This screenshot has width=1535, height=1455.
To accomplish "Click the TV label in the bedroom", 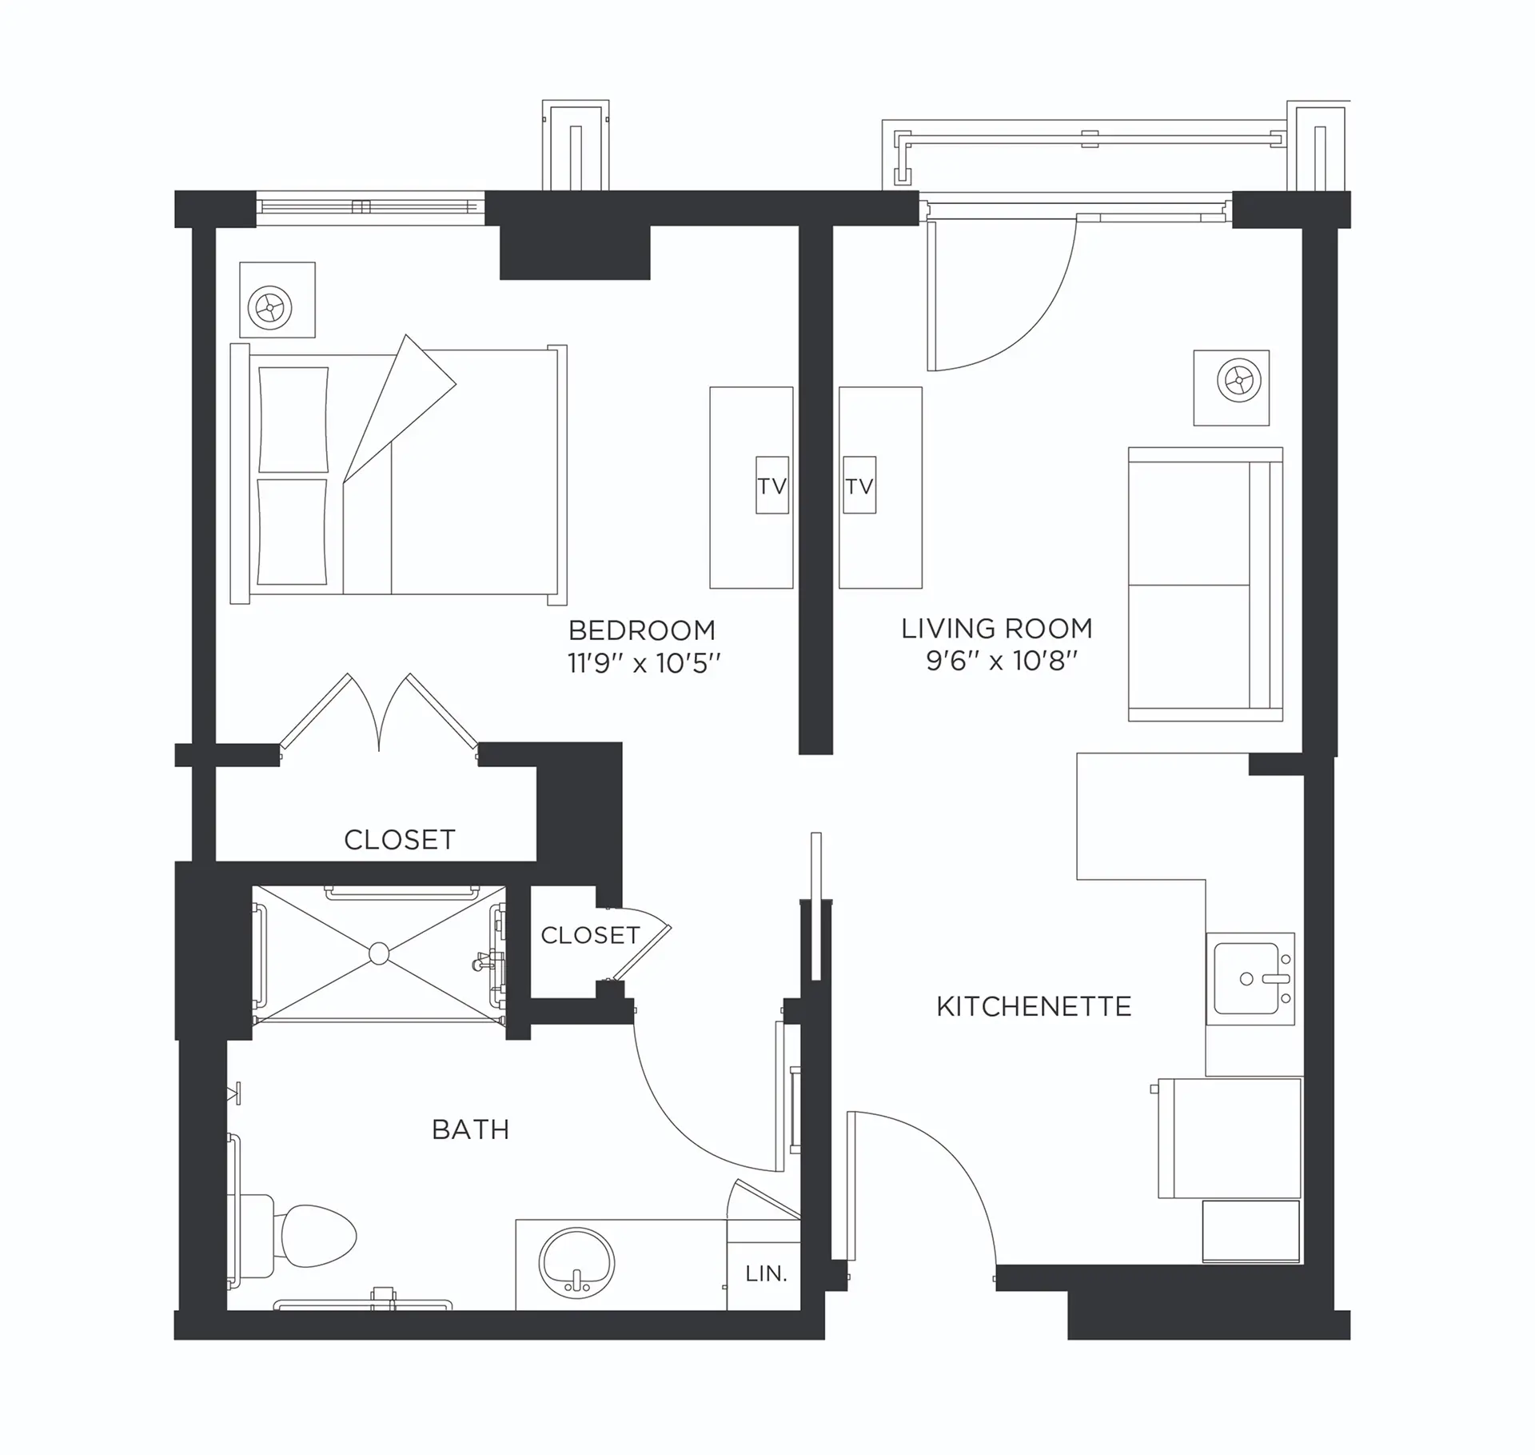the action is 772,486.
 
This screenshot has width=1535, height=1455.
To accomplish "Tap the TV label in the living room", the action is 859,486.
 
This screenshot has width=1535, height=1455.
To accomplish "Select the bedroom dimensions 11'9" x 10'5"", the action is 644,664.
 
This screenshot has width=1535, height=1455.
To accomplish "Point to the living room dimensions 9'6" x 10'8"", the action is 1002,662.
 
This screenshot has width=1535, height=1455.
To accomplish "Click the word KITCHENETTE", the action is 1034,1006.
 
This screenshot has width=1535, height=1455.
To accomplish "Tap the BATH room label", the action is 470,1129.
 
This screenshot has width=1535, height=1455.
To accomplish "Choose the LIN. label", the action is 766,1273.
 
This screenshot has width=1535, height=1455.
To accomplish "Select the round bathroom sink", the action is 577,1266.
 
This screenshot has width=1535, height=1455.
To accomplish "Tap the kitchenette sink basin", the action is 1246,979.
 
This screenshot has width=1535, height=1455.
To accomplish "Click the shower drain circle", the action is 379,953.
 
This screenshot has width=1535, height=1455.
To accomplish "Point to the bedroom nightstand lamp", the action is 269,307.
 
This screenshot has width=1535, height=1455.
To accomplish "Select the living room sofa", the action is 1206,584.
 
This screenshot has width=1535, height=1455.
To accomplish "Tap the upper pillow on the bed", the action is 293,420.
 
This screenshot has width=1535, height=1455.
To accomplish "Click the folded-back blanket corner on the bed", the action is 400,408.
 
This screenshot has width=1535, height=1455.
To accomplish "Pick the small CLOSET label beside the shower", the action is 590,935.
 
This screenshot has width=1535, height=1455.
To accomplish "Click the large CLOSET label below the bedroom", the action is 400,840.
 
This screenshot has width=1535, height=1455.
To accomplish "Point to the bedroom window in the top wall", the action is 371,207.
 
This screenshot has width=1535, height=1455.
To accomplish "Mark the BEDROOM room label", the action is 642,630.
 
